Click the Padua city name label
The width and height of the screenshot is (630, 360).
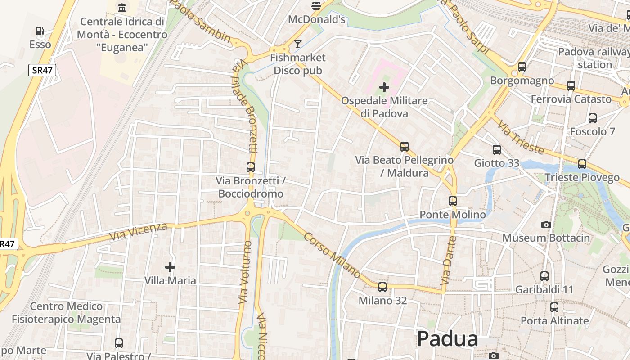[x=447, y=339]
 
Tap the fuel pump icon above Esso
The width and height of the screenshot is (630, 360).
[x=40, y=31]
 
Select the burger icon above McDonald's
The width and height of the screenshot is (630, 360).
[x=316, y=6]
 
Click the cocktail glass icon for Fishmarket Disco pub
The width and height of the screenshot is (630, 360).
[x=297, y=44]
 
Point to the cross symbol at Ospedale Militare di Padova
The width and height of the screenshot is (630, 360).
[x=384, y=87]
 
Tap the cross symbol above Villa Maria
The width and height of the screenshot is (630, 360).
[x=170, y=268]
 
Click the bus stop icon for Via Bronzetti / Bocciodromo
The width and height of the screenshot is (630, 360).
[x=251, y=167]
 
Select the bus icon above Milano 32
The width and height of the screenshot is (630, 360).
[x=382, y=287]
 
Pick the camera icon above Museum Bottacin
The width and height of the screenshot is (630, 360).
[x=546, y=225]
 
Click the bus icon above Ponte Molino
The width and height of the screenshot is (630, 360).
[x=453, y=201]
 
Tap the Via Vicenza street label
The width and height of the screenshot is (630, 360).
[x=138, y=231]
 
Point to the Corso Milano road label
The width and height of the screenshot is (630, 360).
[x=332, y=255]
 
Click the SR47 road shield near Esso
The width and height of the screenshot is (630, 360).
[x=42, y=70]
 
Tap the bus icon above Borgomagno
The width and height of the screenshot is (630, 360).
[x=522, y=67]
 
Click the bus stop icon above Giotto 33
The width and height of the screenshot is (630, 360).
[x=497, y=150]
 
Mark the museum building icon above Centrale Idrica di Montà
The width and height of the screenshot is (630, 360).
[x=122, y=8]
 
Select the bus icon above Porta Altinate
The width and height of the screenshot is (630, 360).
[x=554, y=307]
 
